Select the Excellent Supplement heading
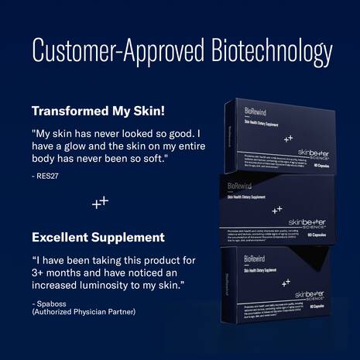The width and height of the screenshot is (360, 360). [98, 236]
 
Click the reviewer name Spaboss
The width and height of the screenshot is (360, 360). [49, 303]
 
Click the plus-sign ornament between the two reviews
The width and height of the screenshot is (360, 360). [101, 202]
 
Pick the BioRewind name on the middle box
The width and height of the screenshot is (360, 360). [238, 187]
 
